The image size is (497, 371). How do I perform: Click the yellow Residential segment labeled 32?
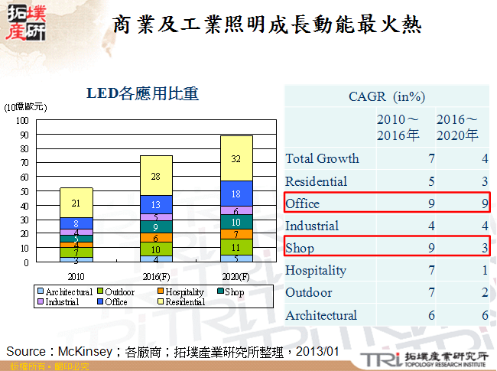(x=236, y=159)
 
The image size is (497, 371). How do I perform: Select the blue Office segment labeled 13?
(x=156, y=204)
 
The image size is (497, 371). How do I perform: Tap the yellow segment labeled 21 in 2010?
(x=76, y=203)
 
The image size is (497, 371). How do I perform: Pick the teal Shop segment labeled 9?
(x=156, y=226)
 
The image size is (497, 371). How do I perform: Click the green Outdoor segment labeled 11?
(x=236, y=247)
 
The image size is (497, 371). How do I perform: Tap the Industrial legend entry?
(x=58, y=302)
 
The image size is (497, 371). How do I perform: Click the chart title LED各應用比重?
(x=141, y=94)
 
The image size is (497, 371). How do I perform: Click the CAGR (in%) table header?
(x=386, y=96)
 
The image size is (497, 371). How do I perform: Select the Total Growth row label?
(x=322, y=159)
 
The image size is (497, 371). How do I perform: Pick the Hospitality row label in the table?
(x=316, y=270)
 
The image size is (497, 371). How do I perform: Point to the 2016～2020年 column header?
(x=457, y=128)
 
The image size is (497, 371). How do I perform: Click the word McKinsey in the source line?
(x=83, y=351)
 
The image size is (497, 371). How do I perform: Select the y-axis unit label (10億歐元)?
(x=25, y=107)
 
